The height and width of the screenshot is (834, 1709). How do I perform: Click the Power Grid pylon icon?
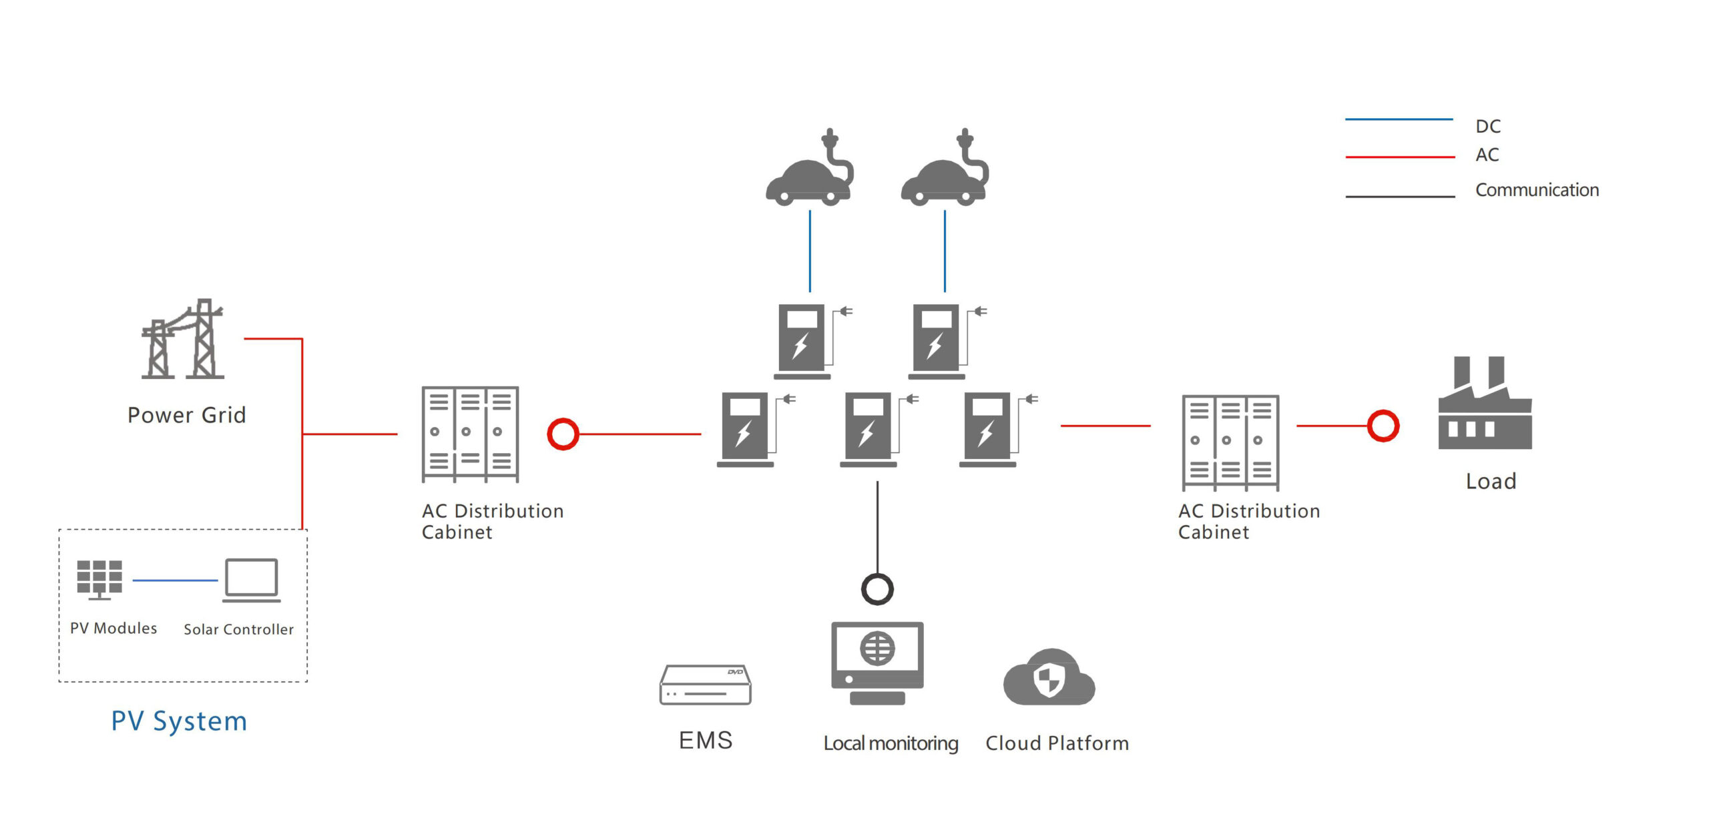point(183,340)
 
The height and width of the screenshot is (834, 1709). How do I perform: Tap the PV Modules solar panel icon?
point(99,578)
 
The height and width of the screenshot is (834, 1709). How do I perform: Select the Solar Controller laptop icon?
point(251,579)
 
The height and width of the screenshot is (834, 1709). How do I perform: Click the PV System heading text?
point(179,721)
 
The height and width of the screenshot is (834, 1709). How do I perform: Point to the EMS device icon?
point(705,685)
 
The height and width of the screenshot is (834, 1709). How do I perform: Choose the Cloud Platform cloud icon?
point(1049,679)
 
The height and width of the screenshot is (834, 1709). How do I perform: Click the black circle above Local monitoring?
point(877,589)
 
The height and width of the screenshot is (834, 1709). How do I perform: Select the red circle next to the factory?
point(1383,426)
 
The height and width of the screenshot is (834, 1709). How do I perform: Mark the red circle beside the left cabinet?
point(563,434)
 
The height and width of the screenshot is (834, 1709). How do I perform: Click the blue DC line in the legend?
point(1399,119)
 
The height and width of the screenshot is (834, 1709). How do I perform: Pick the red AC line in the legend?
point(1400,157)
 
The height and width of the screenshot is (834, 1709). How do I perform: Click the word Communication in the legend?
point(1537,190)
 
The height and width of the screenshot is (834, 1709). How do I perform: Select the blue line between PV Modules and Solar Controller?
point(175,580)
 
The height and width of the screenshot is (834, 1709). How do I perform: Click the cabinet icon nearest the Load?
point(1230,442)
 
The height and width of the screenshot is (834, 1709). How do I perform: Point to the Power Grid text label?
point(187,415)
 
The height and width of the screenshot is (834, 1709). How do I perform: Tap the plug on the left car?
point(830,140)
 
